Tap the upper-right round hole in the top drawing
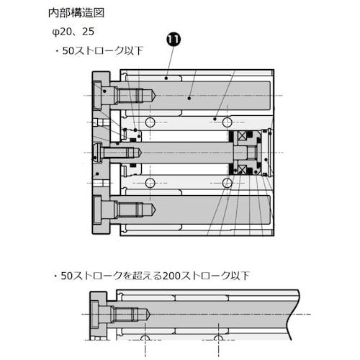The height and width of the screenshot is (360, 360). click(227, 120)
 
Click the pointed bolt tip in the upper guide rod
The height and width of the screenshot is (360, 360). click(152, 95)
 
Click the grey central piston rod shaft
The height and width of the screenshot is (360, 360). click(187, 153)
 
